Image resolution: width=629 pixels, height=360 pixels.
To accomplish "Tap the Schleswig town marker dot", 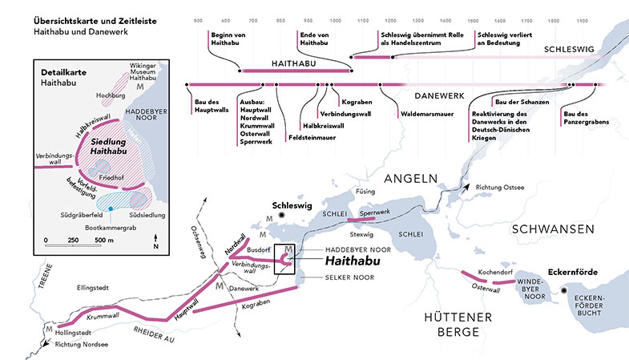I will pyautogui.click(x=281, y=216).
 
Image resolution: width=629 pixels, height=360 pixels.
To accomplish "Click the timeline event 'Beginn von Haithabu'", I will pyautogui.click(x=229, y=39).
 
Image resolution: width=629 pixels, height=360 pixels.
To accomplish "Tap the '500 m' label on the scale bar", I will pyautogui.click(x=104, y=240).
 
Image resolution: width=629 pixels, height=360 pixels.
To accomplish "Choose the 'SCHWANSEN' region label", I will pyautogui.click(x=554, y=229).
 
